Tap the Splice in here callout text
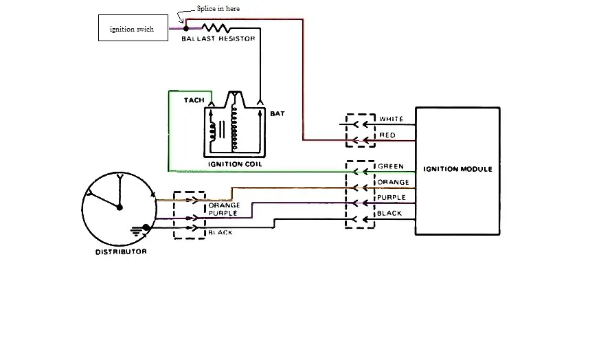pyautogui.click(x=218, y=8)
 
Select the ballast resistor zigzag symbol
pyautogui.click(x=216, y=28)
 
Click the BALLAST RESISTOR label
pyautogui.click(x=218, y=38)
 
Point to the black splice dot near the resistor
pyautogui.click(x=186, y=28)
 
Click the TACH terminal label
pyautogui.click(x=194, y=100)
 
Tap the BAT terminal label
pyautogui.click(x=277, y=113)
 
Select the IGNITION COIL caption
pyautogui.click(x=235, y=164)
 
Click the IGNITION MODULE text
pyautogui.click(x=457, y=169)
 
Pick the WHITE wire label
pyautogui.click(x=391, y=119)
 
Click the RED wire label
pyautogui.click(x=387, y=135)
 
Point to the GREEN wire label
pyautogui.click(x=391, y=166)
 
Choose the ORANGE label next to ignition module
pyautogui.click(x=393, y=182)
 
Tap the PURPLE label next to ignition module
pyautogui.click(x=392, y=197)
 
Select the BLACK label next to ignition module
pyautogui.click(x=389, y=213)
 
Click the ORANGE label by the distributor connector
pyautogui.click(x=224, y=205)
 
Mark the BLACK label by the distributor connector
pyautogui.click(x=220, y=233)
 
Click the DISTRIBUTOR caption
pyautogui.click(x=121, y=251)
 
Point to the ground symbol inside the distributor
pyautogui.click(x=137, y=231)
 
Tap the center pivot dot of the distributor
pyautogui.click(x=120, y=207)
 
